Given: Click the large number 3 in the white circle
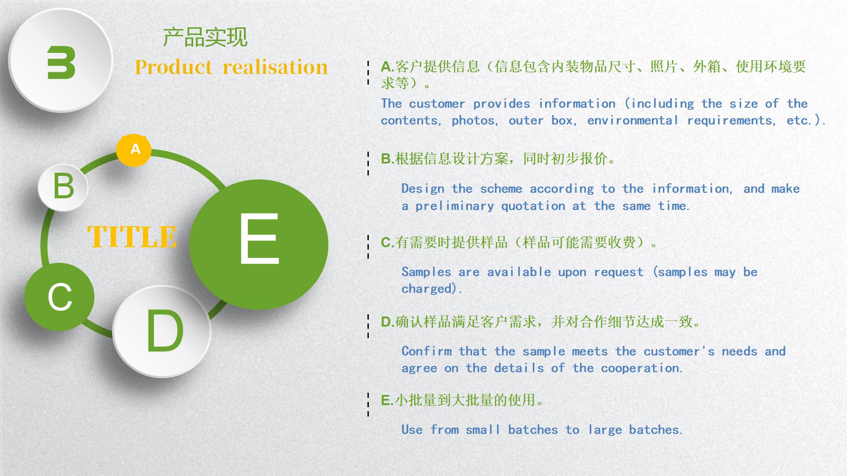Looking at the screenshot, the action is pos(61,62).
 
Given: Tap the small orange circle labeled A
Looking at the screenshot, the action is pos(134,150).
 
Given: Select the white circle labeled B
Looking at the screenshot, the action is pos(63,186).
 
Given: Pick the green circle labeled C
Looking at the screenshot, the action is pos(59,297).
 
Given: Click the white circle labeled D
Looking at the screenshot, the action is pos(162,331).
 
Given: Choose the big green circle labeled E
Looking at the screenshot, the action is pos(259,244).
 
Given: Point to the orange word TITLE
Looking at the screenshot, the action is pos(132,237).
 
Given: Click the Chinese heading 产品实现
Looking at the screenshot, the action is pos(205,37).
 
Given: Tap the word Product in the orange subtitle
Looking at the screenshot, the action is pos(173,67).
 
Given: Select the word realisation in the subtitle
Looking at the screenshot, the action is pos(275,67).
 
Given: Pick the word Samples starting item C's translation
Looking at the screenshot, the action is pos(426,272).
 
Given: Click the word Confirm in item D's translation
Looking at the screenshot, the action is pos(426,351).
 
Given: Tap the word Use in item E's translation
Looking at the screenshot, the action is pos(412,430).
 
